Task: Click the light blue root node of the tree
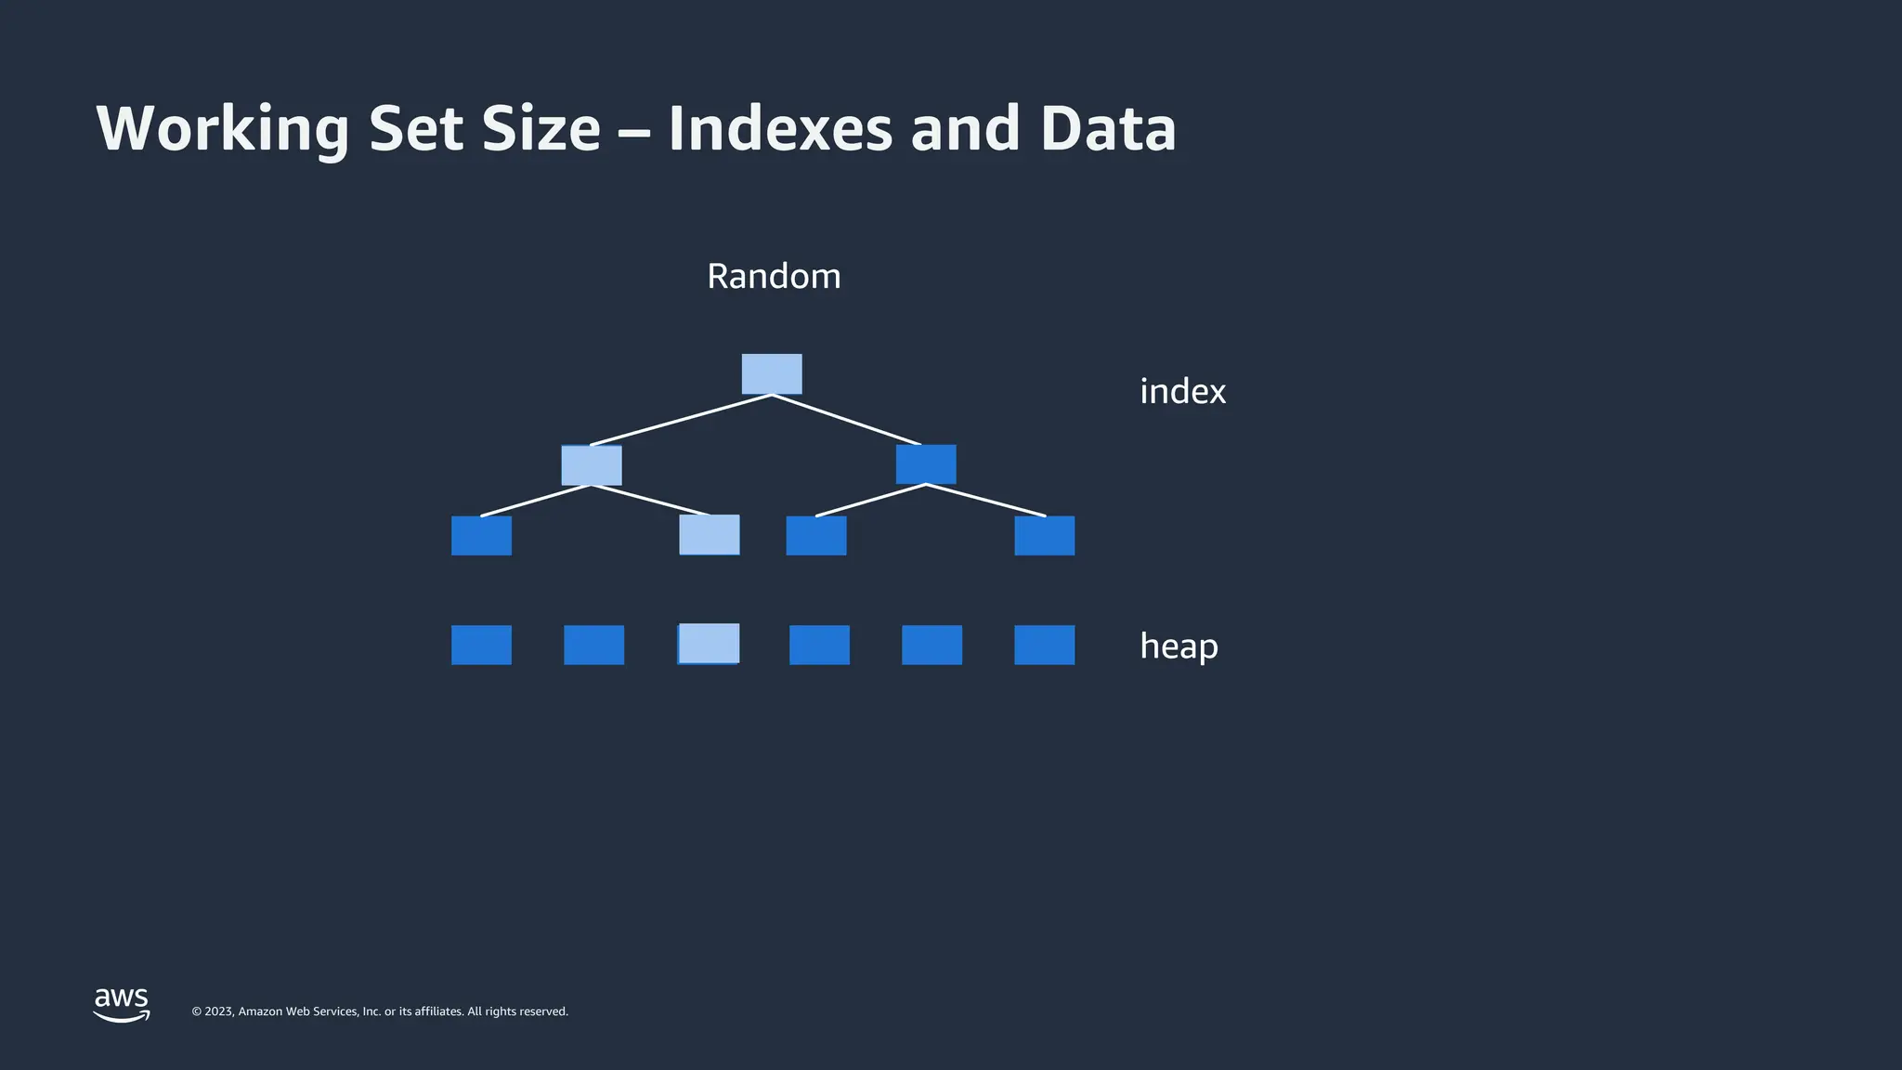click(772, 374)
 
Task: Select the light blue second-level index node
click(592, 465)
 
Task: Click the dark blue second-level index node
click(926, 464)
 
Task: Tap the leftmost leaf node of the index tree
click(481, 536)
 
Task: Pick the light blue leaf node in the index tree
click(710, 535)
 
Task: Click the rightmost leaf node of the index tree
click(1044, 536)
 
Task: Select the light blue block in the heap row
click(710, 644)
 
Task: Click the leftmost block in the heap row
click(481, 646)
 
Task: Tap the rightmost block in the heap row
click(1044, 646)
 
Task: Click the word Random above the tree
click(774, 277)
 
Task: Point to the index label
click(1182, 392)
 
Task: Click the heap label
click(1179, 646)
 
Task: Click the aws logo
click(122, 1004)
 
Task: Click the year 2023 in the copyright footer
click(219, 1011)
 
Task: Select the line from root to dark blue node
click(846, 420)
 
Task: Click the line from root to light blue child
click(681, 420)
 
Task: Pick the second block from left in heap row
click(593, 646)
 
